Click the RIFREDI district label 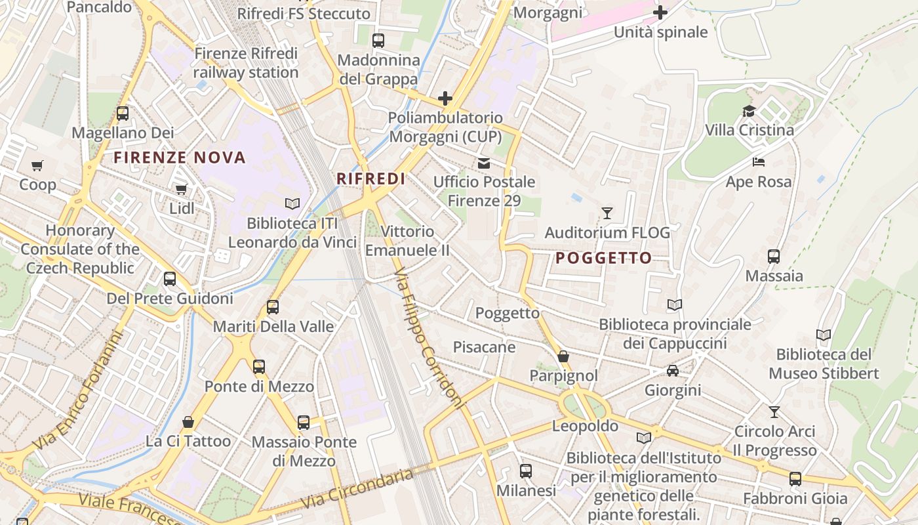(x=370, y=178)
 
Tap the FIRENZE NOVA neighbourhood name (x=180, y=157)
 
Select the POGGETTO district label (x=604, y=258)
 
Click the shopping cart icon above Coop (x=37, y=166)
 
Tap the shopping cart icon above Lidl (x=181, y=190)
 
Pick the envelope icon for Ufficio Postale (x=484, y=163)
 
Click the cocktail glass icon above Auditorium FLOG (x=607, y=213)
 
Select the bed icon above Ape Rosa (x=759, y=162)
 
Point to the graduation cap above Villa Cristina (x=749, y=111)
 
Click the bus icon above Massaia (x=774, y=257)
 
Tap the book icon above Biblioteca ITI (x=292, y=204)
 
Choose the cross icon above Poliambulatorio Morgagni (x=445, y=99)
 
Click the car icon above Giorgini (x=673, y=371)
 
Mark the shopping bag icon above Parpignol (x=563, y=356)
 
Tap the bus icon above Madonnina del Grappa (x=378, y=41)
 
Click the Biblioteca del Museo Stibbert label (x=824, y=364)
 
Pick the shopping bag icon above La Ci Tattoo (x=188, y=422)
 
